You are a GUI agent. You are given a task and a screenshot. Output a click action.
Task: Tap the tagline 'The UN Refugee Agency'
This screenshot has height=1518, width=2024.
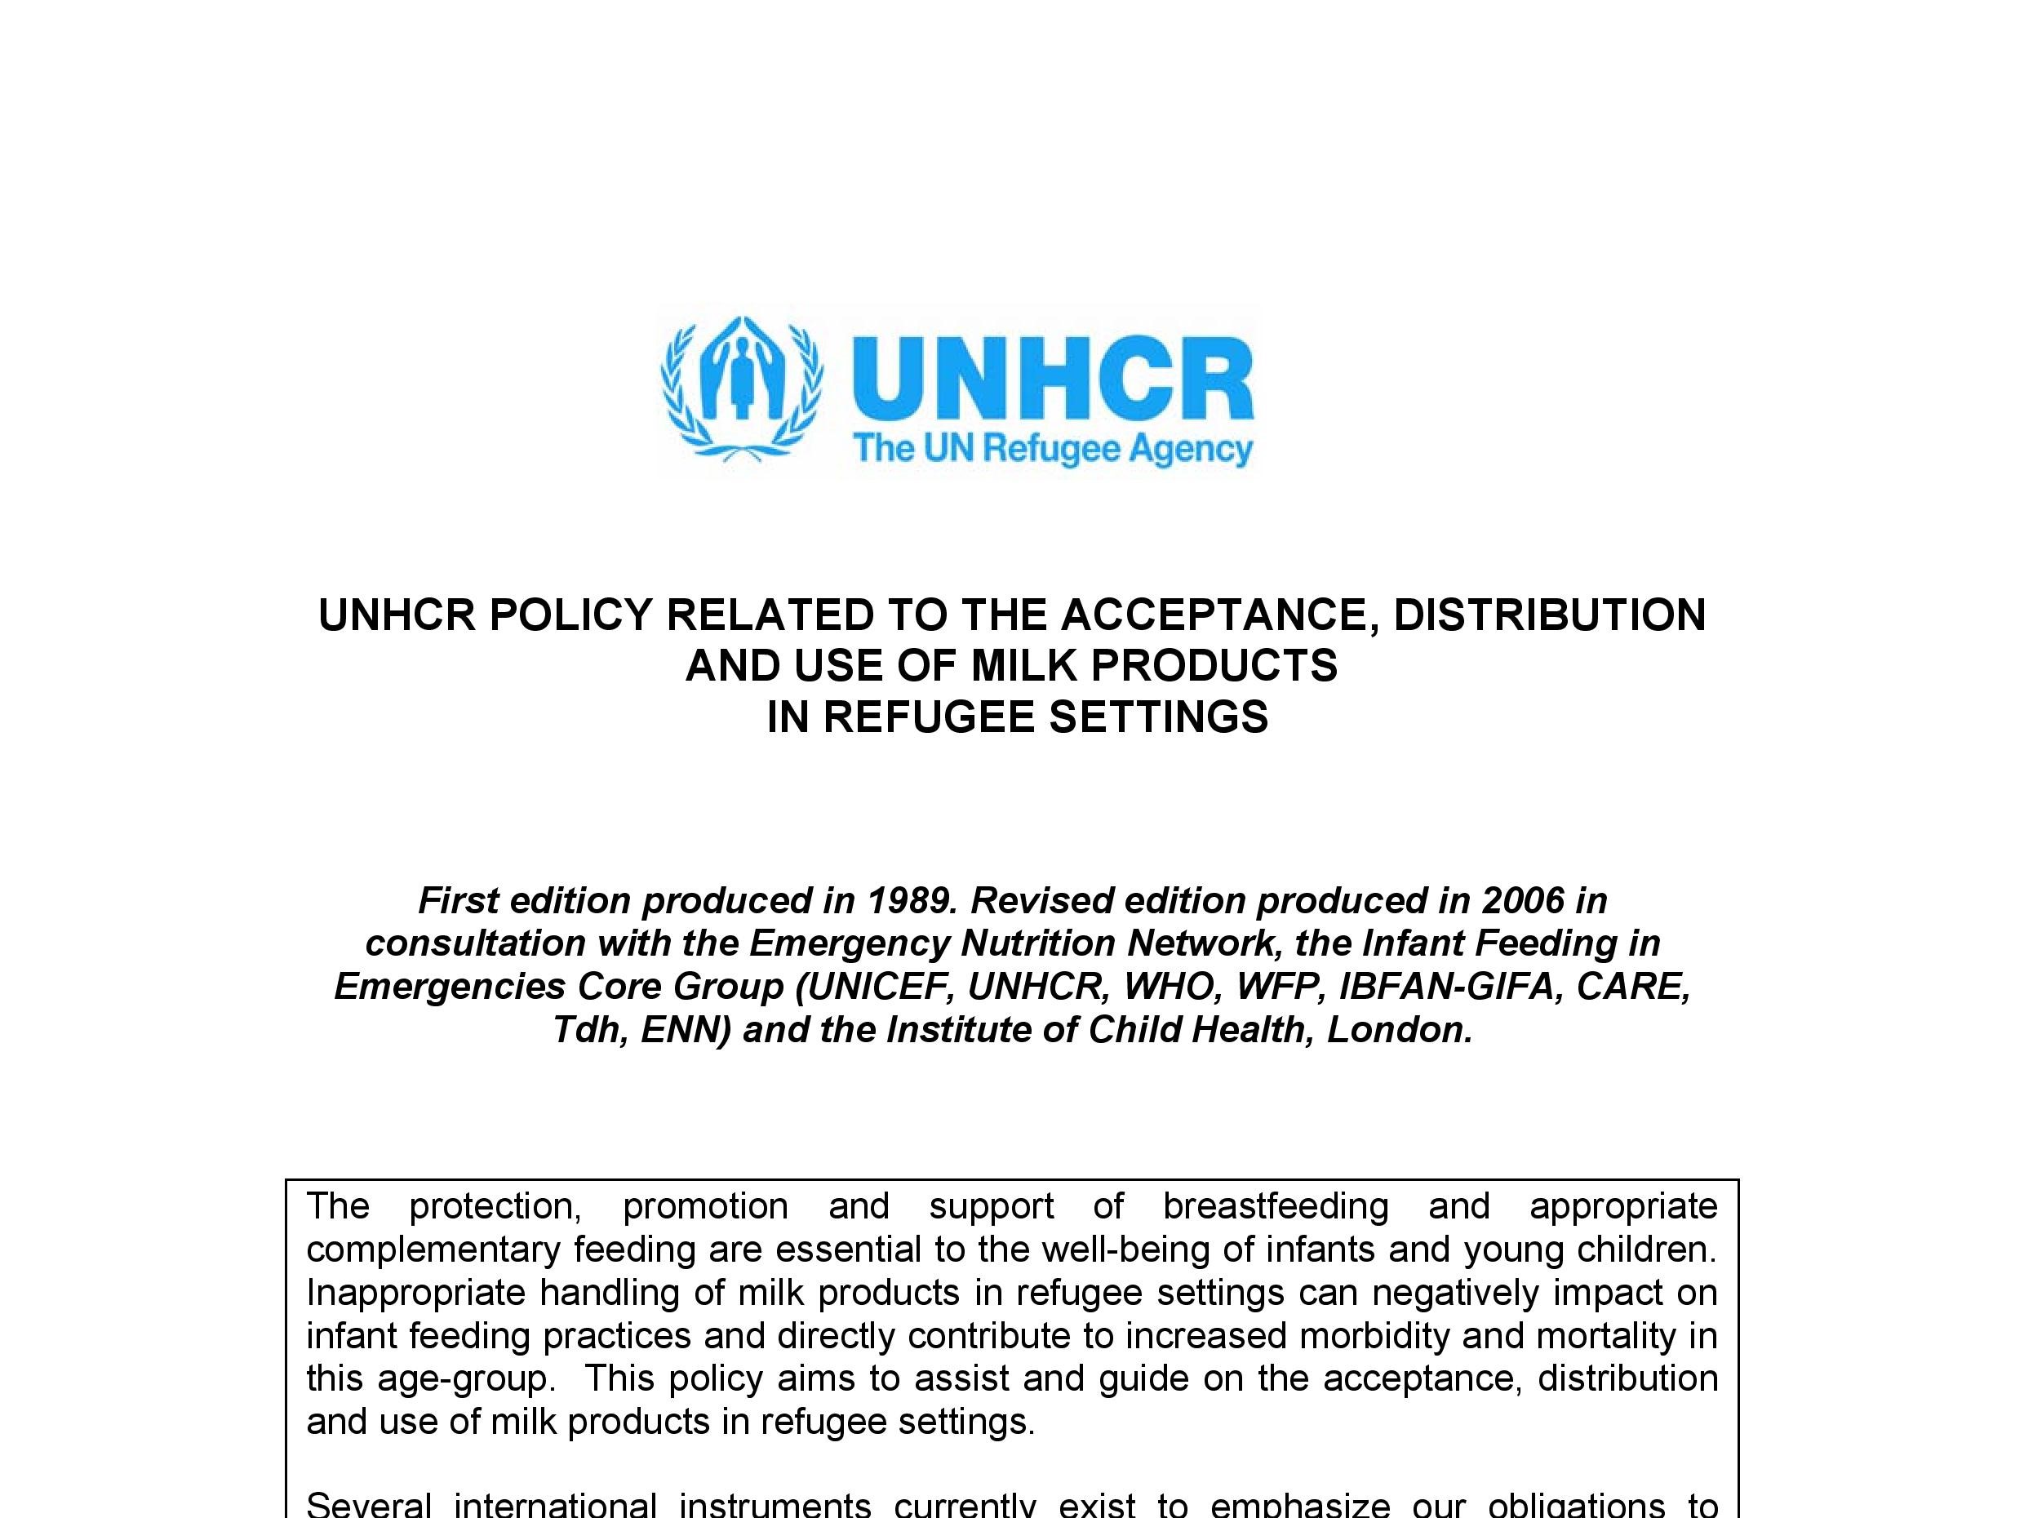click(1052, 451)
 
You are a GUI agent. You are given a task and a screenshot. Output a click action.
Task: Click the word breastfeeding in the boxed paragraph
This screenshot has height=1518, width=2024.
click(1276, 1206)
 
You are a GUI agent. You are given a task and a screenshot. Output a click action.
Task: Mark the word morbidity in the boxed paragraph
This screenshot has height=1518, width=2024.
click(1374, 1335)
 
